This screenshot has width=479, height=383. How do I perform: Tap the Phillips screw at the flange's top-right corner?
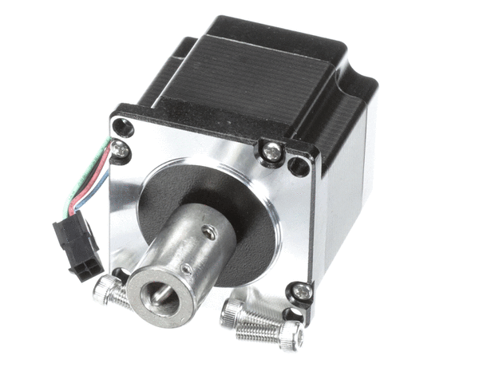[x=272, y=149]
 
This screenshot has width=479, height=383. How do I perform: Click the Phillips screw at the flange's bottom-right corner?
[x=302, y=292]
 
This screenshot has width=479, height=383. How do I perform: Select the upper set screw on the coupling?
[x=208, y=232]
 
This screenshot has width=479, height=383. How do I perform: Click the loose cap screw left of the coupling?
[x=109, y=291]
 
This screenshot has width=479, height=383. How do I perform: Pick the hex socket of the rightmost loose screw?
[x=292, y=338]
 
